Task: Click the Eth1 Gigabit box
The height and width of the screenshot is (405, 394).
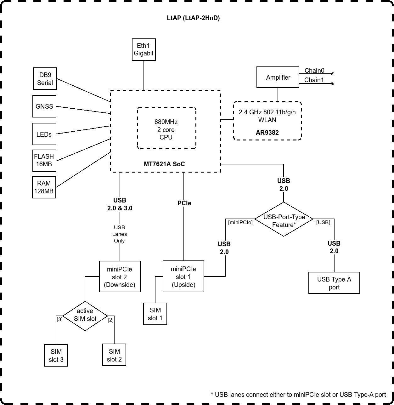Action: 144,50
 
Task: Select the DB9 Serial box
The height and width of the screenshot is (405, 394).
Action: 45,79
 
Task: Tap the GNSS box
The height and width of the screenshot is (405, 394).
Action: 44,106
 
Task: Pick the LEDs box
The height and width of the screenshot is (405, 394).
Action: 44,134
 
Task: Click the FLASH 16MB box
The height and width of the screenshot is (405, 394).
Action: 44,160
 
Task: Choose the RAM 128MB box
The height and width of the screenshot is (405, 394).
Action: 44,187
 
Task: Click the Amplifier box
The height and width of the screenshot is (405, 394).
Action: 278,77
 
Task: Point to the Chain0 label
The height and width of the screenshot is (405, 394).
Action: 314,71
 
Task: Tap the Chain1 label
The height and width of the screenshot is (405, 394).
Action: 314,80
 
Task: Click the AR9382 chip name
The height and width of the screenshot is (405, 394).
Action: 267,133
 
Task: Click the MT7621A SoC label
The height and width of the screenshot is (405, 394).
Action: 164,164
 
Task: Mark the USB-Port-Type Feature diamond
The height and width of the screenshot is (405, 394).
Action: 284,219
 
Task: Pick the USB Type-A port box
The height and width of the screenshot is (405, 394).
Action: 334,283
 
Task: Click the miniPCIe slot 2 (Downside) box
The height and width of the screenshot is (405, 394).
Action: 120,277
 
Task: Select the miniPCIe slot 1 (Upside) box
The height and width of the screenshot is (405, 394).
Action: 183,277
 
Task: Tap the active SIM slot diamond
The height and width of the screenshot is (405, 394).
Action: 85,315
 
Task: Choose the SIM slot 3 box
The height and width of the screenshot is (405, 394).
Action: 56,355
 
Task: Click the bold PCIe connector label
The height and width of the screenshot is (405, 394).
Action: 184,203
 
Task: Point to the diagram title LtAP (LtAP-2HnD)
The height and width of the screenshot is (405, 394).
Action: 193,18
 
